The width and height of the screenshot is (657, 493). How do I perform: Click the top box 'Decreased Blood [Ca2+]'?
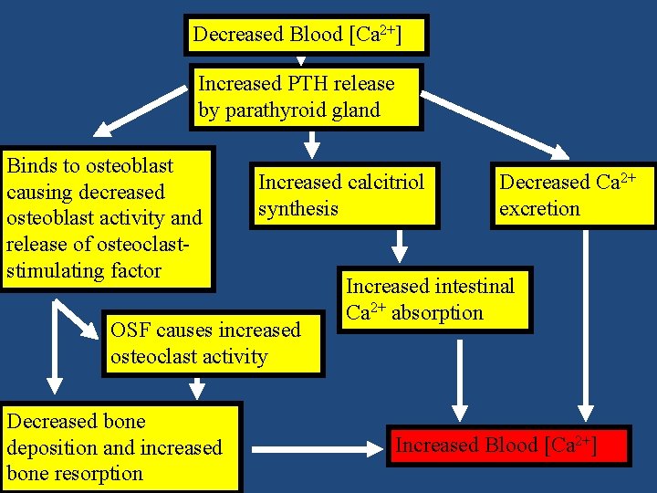[306, 36]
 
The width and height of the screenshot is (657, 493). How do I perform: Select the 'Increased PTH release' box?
[306, 97]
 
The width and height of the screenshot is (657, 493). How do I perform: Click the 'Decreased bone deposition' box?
[120, 447]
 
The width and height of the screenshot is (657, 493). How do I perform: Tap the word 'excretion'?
[539, 208]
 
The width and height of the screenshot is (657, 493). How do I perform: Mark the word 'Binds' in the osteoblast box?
[30, 165]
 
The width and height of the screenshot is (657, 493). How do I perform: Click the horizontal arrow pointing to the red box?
[315, 448]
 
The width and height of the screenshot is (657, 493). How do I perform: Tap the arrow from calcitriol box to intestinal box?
[400, 245]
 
